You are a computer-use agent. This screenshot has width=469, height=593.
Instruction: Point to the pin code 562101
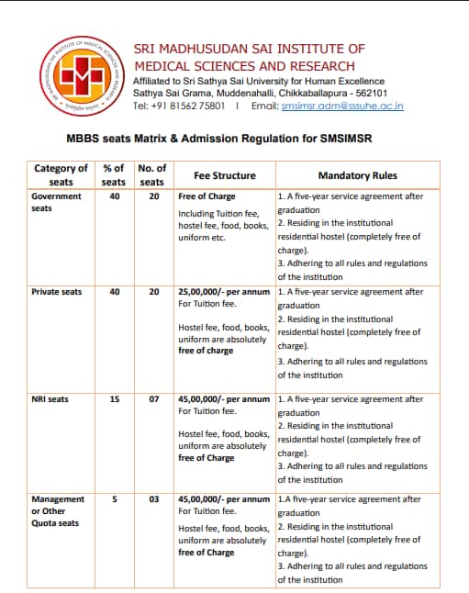369,94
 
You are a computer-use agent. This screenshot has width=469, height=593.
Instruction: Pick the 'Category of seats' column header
61,174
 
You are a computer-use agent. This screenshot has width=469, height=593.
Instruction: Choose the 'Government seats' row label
56,202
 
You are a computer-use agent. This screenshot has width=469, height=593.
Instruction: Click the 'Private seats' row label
56,292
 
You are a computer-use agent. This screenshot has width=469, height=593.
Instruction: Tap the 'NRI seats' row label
50,399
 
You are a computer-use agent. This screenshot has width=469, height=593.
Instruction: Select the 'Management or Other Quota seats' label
57,511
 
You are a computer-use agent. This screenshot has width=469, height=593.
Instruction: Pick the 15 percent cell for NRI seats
114,399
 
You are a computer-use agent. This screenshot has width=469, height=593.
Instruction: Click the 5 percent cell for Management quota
114,499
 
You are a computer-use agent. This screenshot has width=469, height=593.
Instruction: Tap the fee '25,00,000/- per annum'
223,292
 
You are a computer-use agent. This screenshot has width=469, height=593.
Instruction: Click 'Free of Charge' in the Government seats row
207,196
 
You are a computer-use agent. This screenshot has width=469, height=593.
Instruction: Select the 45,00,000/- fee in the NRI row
223,399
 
